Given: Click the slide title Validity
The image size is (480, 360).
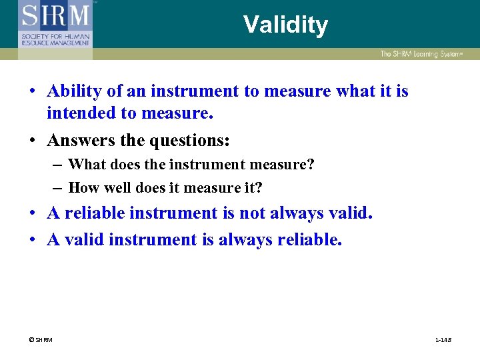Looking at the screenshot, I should click(x=285, y=25).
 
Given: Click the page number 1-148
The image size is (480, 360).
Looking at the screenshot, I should click(x=443, y=340).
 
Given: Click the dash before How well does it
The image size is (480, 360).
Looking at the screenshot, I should click(x=57, y=188).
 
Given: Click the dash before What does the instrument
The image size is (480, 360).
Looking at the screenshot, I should click(x=57, y=164).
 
